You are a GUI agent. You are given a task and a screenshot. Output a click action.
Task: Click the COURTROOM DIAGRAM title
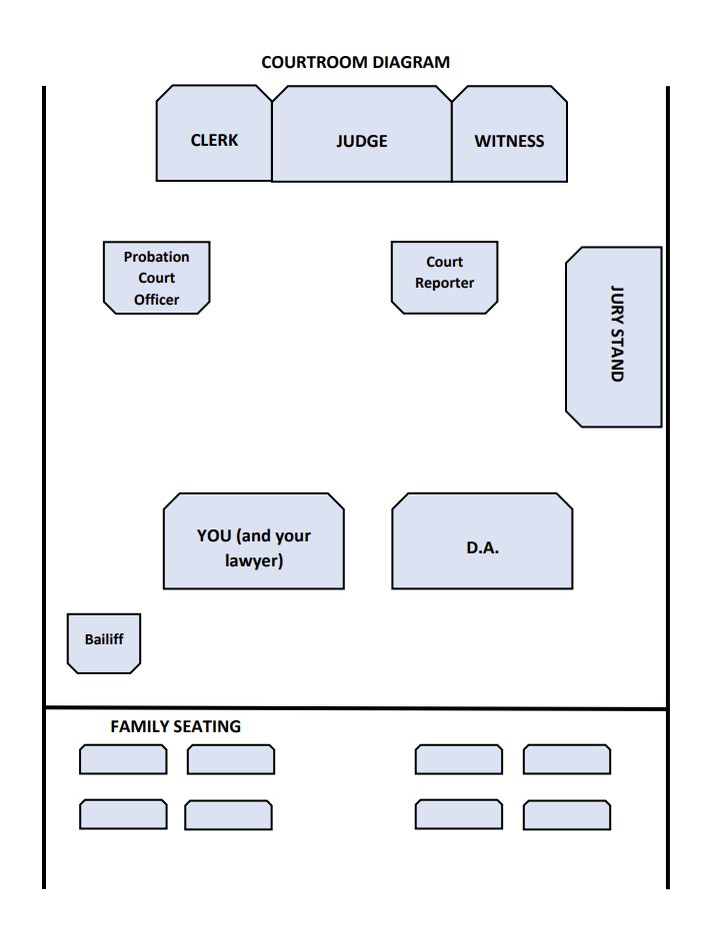point(355,62)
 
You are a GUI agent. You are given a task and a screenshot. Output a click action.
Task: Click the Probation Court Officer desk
point(157,278)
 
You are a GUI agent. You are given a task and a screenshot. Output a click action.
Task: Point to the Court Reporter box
point(444,278)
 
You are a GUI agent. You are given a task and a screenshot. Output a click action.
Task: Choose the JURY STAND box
point(614,337)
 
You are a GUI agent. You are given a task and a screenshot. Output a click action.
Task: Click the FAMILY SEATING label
point(175,727)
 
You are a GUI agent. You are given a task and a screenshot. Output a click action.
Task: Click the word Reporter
point(445,284)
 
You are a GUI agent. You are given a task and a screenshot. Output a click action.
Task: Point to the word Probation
point(156,257)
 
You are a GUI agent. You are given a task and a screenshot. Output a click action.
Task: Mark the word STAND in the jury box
point(617,357)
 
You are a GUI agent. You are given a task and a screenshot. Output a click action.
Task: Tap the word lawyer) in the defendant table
point(254,561)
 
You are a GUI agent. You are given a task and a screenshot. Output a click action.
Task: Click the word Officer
point(157,300)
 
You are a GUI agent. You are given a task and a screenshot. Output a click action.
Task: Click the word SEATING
point(209,727)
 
